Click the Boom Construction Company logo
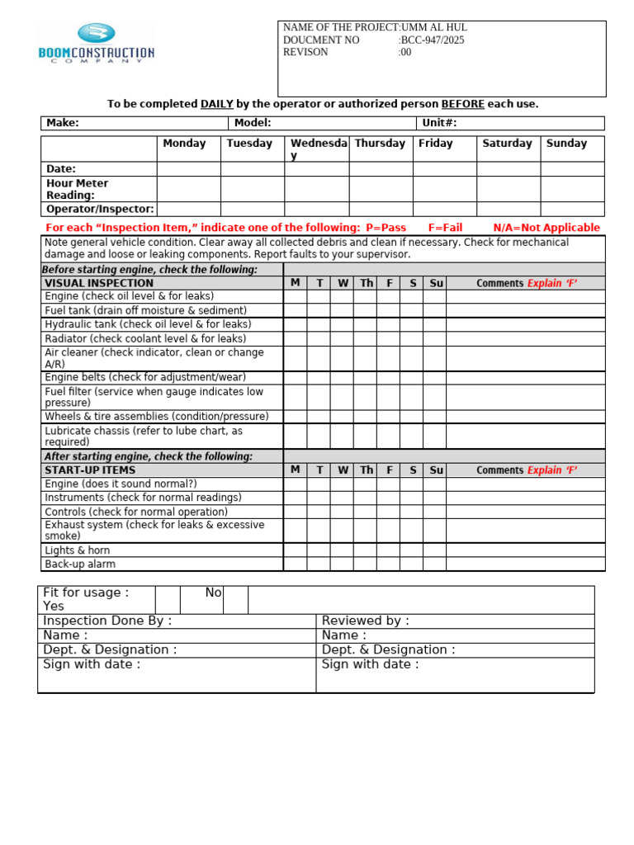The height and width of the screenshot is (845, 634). point(96,44)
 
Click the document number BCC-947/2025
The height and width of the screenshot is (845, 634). point(433,40)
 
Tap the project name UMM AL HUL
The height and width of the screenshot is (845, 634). point(434,27)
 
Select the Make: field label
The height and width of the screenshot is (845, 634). point(63,123)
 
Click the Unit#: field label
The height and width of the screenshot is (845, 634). point(439,123)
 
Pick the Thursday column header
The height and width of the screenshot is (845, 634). point(380,144)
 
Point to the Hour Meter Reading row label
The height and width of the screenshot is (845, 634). point(77,189)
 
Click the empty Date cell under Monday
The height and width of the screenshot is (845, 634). point(188,168)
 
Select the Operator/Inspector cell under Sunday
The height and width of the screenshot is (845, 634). point(572,210)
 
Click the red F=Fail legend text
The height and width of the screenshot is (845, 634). point(445,228)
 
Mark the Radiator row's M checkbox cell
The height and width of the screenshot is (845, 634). point(295,338)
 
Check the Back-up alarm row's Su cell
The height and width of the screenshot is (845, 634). point(435,564)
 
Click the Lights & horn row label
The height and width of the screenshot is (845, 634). point(78,550)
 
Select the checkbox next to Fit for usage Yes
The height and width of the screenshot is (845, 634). point(168,600)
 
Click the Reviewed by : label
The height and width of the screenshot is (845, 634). point(365,621)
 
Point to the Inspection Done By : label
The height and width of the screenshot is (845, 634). point(107,621)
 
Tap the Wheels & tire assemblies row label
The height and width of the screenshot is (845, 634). point(157,417)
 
